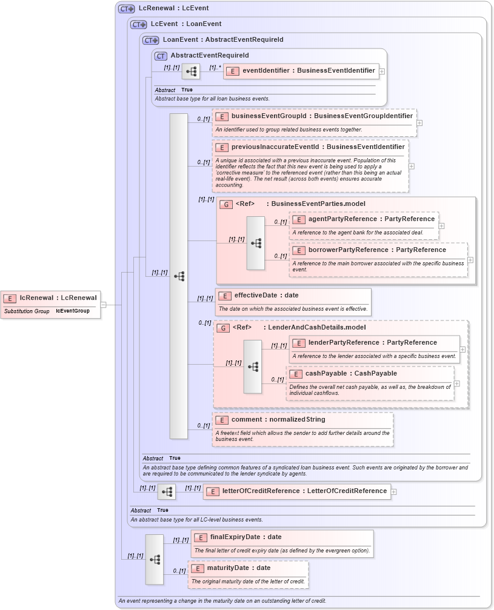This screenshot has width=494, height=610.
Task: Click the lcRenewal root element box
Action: [51, 297]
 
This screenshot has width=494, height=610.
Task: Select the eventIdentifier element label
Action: [308, 71]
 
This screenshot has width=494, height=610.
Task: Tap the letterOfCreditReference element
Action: [304, 491]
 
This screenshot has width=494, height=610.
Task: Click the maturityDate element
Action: [246, 568]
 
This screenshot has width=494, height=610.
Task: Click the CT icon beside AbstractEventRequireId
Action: [161, 56]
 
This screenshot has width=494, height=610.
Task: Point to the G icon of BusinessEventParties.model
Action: [226, 204]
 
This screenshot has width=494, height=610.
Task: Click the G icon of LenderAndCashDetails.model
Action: [223, 328]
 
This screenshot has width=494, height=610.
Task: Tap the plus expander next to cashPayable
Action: [456, 383]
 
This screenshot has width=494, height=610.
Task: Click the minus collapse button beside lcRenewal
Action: [103, 305]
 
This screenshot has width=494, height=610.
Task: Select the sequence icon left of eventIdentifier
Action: [191, 71]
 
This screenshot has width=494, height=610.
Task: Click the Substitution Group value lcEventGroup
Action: [73, 311]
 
